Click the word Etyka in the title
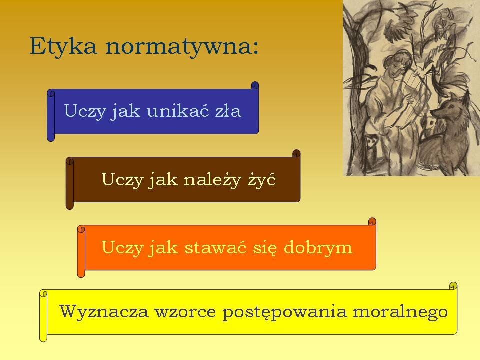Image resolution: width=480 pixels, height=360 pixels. click(x=63, y=46)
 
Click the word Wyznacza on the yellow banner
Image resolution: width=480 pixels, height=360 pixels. click(x=104, y=311)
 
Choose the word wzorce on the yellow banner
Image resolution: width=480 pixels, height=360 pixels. click(x=185, y=312)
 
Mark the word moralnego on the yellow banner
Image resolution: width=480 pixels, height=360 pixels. click(x=400, y=312)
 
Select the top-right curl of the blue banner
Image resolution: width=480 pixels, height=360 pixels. click(x=255, y=85)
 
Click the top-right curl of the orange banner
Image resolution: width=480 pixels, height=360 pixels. click(x=372, y=221)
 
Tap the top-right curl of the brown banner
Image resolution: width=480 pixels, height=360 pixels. click(x=296, y=153)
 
